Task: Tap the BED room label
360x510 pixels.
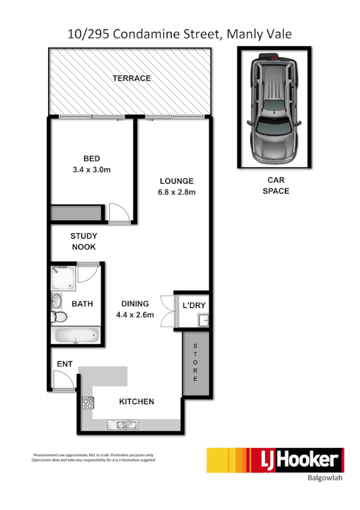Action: (x=91, y=159)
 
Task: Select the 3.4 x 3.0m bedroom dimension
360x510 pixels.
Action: (x=91, y=170)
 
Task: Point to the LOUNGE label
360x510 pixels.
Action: (x=176, y=181)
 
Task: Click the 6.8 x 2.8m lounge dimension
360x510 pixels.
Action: (x=176, y=192)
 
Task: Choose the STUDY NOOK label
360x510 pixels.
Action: (x=83, y=242)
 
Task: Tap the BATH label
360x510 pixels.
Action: (x=82, y=304)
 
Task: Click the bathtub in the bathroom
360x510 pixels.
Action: (x=76, y=335)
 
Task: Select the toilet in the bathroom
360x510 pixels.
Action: (x=58, y=318)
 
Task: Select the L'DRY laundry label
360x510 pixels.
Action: (x=194, y=306)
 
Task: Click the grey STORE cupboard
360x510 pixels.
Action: (x=195, y=363)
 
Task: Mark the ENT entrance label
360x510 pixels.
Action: (x=64, y=364)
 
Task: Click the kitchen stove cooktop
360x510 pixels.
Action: (x=88, y=404)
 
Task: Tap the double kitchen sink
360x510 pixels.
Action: (x=124, y=426)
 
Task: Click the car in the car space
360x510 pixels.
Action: (x=274, y=109)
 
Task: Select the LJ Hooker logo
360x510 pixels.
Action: (x=275, y=460)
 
